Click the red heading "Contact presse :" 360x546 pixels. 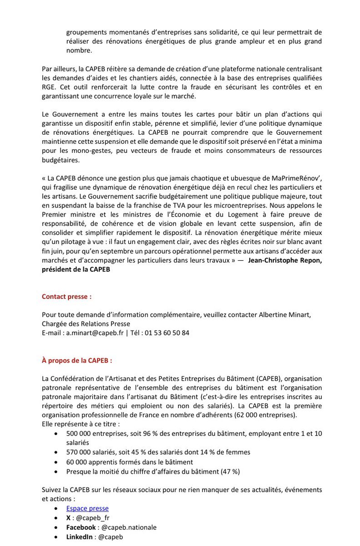(66, 296)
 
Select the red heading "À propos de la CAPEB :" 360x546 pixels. (77, 360)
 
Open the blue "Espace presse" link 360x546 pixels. (87, 508)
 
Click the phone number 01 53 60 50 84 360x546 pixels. (167, 333)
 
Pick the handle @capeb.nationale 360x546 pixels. (129, 527)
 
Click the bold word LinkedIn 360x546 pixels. (80, 537)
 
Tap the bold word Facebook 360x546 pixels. (81, 527)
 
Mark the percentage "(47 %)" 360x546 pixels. (230, 471)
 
